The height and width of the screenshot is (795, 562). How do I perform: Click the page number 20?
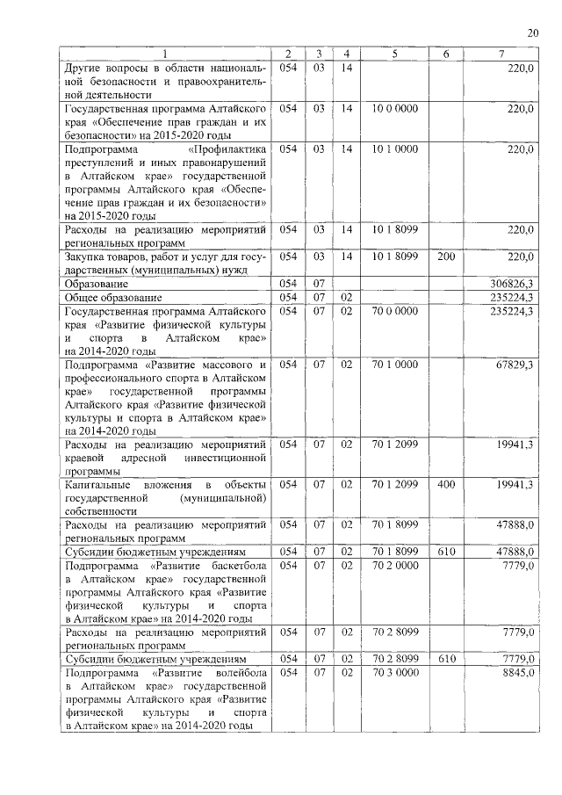532,33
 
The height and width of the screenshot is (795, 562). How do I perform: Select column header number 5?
394,54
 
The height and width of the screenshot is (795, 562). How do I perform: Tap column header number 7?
501,54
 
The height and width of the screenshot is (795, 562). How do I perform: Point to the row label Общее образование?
106,298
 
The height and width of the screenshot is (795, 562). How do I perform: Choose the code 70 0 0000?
394,311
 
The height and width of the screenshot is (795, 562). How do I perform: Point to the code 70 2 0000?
394,566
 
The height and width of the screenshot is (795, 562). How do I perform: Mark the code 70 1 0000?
394,364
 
